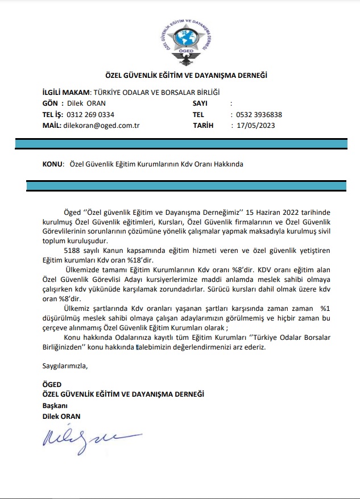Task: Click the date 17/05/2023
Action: pos(255,126)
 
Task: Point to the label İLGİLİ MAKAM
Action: pos(67,92)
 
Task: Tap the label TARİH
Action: pos(203,126)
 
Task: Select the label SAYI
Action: pos(200,103)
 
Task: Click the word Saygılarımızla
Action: pos(65,365)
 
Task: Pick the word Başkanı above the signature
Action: pos(55,405)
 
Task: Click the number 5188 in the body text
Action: pos(72,250)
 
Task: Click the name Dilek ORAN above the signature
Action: pos(61,416)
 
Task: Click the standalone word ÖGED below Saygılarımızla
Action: pos(52,384)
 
